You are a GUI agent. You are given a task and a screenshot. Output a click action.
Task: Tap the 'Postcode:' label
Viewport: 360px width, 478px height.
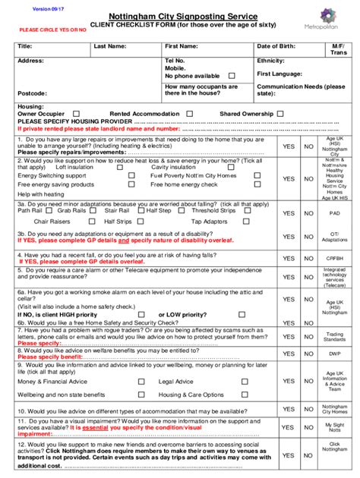pyautogui.click(x=34, y=93)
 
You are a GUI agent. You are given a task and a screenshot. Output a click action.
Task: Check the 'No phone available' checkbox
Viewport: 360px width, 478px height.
pyautogui.click(x=232, y=76)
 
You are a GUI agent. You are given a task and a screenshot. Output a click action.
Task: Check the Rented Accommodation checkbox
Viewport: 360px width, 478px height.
pyautogui.click(x=189, y=114)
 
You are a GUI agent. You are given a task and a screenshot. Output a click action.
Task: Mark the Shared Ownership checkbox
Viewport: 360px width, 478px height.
pyautogui.click(x=280, y=114)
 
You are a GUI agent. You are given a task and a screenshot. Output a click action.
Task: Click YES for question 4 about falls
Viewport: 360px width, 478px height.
pyautogui.click(x=289, y=258)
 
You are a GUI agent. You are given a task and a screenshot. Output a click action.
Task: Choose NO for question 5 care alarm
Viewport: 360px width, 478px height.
pyautogui.click(x=308, y=275)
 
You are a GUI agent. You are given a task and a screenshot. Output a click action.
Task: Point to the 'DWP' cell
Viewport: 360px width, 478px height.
pyautogui.click(x=335, y=354)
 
